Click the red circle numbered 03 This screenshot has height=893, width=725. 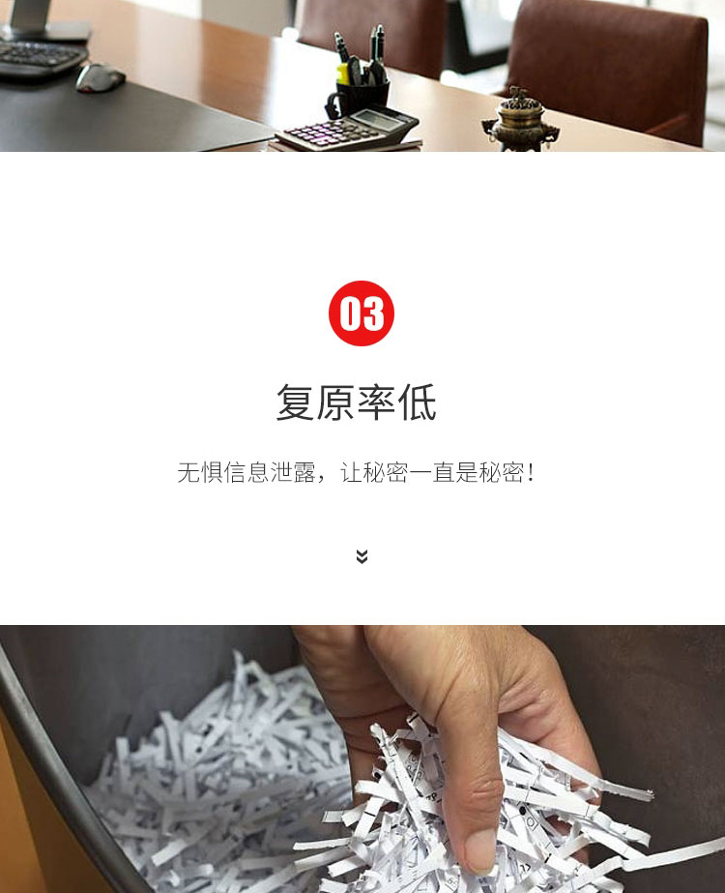(x=362, y=313)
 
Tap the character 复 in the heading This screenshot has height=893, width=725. (x=296, y=402)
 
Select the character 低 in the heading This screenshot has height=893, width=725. (x=418, y=402)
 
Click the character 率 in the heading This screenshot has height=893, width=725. (x=376, y=402)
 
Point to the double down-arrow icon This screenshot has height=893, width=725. (x=362, y=556)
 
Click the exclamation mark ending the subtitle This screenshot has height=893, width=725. (x=531, y=472)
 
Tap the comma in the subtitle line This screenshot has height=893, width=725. (x=322, y=478)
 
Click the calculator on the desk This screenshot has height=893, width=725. (x=347, y=130)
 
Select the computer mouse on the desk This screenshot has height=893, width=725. (x=101, y=77)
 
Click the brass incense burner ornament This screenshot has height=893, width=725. (x=519, y=119)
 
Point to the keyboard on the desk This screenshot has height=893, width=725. (x=40, y=57)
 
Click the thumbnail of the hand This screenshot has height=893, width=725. (x=480, y=848)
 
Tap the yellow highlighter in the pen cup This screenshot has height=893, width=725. (x=342, y=74)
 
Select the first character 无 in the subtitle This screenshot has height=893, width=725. (x=188, y=472)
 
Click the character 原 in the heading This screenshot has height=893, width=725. (x=335, y=402)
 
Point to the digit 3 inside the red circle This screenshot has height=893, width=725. (x=373, y=313)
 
